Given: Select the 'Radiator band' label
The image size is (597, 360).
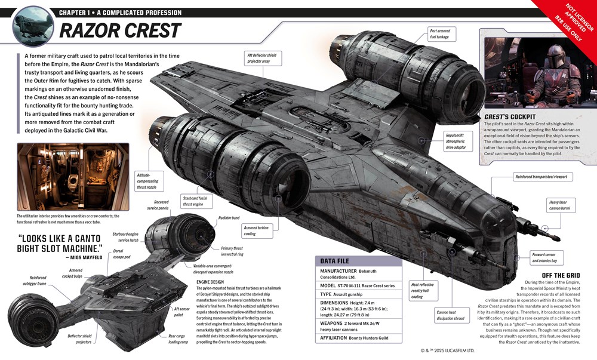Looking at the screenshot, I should pos(229,219).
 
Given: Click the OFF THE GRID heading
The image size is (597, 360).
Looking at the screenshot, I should pos(558,275).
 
